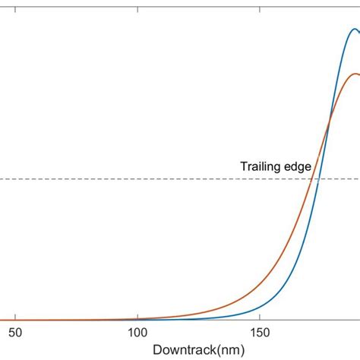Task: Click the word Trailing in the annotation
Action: point(260,166)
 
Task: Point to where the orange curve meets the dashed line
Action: point(311,179)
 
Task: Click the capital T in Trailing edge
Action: point(244,166)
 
